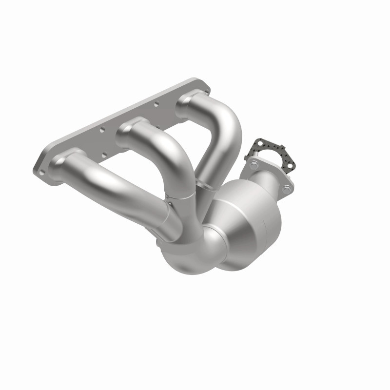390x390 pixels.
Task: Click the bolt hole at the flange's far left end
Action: pos(42,171)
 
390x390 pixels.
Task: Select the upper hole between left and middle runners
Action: pos(102,130)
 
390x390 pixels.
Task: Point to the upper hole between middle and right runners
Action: pos(156,103)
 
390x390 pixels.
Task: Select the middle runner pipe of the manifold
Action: pos(166,156)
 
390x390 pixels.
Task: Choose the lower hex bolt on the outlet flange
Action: pos(287,187)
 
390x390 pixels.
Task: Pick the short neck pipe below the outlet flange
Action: pos(266,183)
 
